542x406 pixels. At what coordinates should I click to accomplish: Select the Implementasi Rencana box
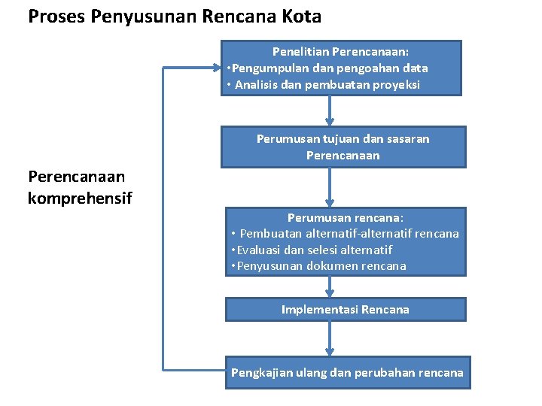(346, 309)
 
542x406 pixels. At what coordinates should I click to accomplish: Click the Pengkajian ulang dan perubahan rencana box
(347, 373)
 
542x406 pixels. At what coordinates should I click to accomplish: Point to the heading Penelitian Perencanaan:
(341, 53)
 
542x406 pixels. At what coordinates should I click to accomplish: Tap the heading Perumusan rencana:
(346, 217)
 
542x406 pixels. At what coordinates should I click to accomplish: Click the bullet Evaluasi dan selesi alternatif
(312, 250)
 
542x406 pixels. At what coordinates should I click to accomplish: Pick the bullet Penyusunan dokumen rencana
(319, 265)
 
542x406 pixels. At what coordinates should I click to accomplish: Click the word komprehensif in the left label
(80, 198)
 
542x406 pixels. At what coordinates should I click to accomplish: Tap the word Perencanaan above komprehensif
(76, 177)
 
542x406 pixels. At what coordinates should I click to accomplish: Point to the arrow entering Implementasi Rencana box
(329, 286)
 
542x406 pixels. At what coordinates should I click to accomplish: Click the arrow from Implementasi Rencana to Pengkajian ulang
(329, 339)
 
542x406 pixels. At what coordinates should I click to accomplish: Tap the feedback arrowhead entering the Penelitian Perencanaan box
(217, 68)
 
